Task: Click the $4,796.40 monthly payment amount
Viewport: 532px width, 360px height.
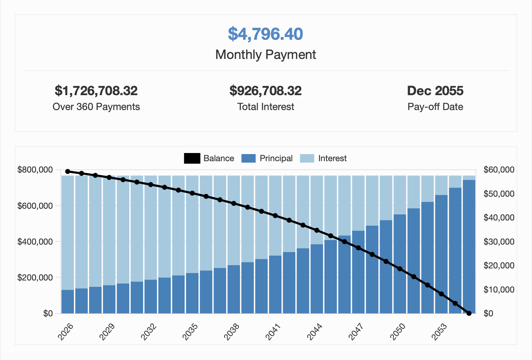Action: click(265, 34)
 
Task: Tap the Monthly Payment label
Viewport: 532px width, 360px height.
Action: click(265, 55)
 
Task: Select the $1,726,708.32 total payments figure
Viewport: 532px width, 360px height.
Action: click(96, 91)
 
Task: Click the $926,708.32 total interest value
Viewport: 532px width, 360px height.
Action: click(265, 91)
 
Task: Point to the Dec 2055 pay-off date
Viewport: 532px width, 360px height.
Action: click(435, 91)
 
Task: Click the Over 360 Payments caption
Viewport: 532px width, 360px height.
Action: click(96, 107)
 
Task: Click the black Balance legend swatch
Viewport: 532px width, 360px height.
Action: click(192, 158)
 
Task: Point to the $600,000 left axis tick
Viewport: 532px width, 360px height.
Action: click(35, 206)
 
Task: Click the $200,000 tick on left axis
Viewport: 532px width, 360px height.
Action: click(35, 278)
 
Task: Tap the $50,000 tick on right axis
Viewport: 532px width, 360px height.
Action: click(499, 194)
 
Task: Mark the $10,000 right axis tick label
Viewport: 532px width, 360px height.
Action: click(499, 290)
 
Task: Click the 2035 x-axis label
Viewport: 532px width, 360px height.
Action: click(190, 332)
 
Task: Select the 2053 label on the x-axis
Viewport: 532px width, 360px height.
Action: click(439, 332)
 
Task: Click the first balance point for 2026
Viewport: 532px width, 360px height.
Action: click(68, 171)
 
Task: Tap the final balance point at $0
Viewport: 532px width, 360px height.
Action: click(469, 313)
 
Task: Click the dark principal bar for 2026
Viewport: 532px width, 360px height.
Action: click(68, 302)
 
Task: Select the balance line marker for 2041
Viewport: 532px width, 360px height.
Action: click(275, 216)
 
